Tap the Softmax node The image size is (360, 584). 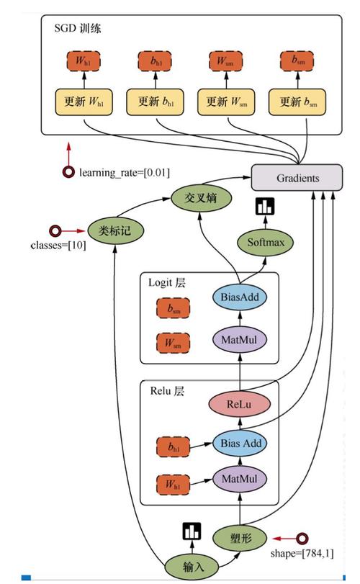click(x=266, y=242)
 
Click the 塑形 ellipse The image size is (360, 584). click(x=240, y=537)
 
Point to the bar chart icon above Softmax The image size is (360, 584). click(x=265, y=207)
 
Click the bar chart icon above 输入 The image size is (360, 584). click(x=192, y=531)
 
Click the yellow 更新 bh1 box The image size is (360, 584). click(x=156, y=102)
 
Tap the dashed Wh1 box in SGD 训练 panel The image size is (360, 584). click(x=83, y=60)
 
